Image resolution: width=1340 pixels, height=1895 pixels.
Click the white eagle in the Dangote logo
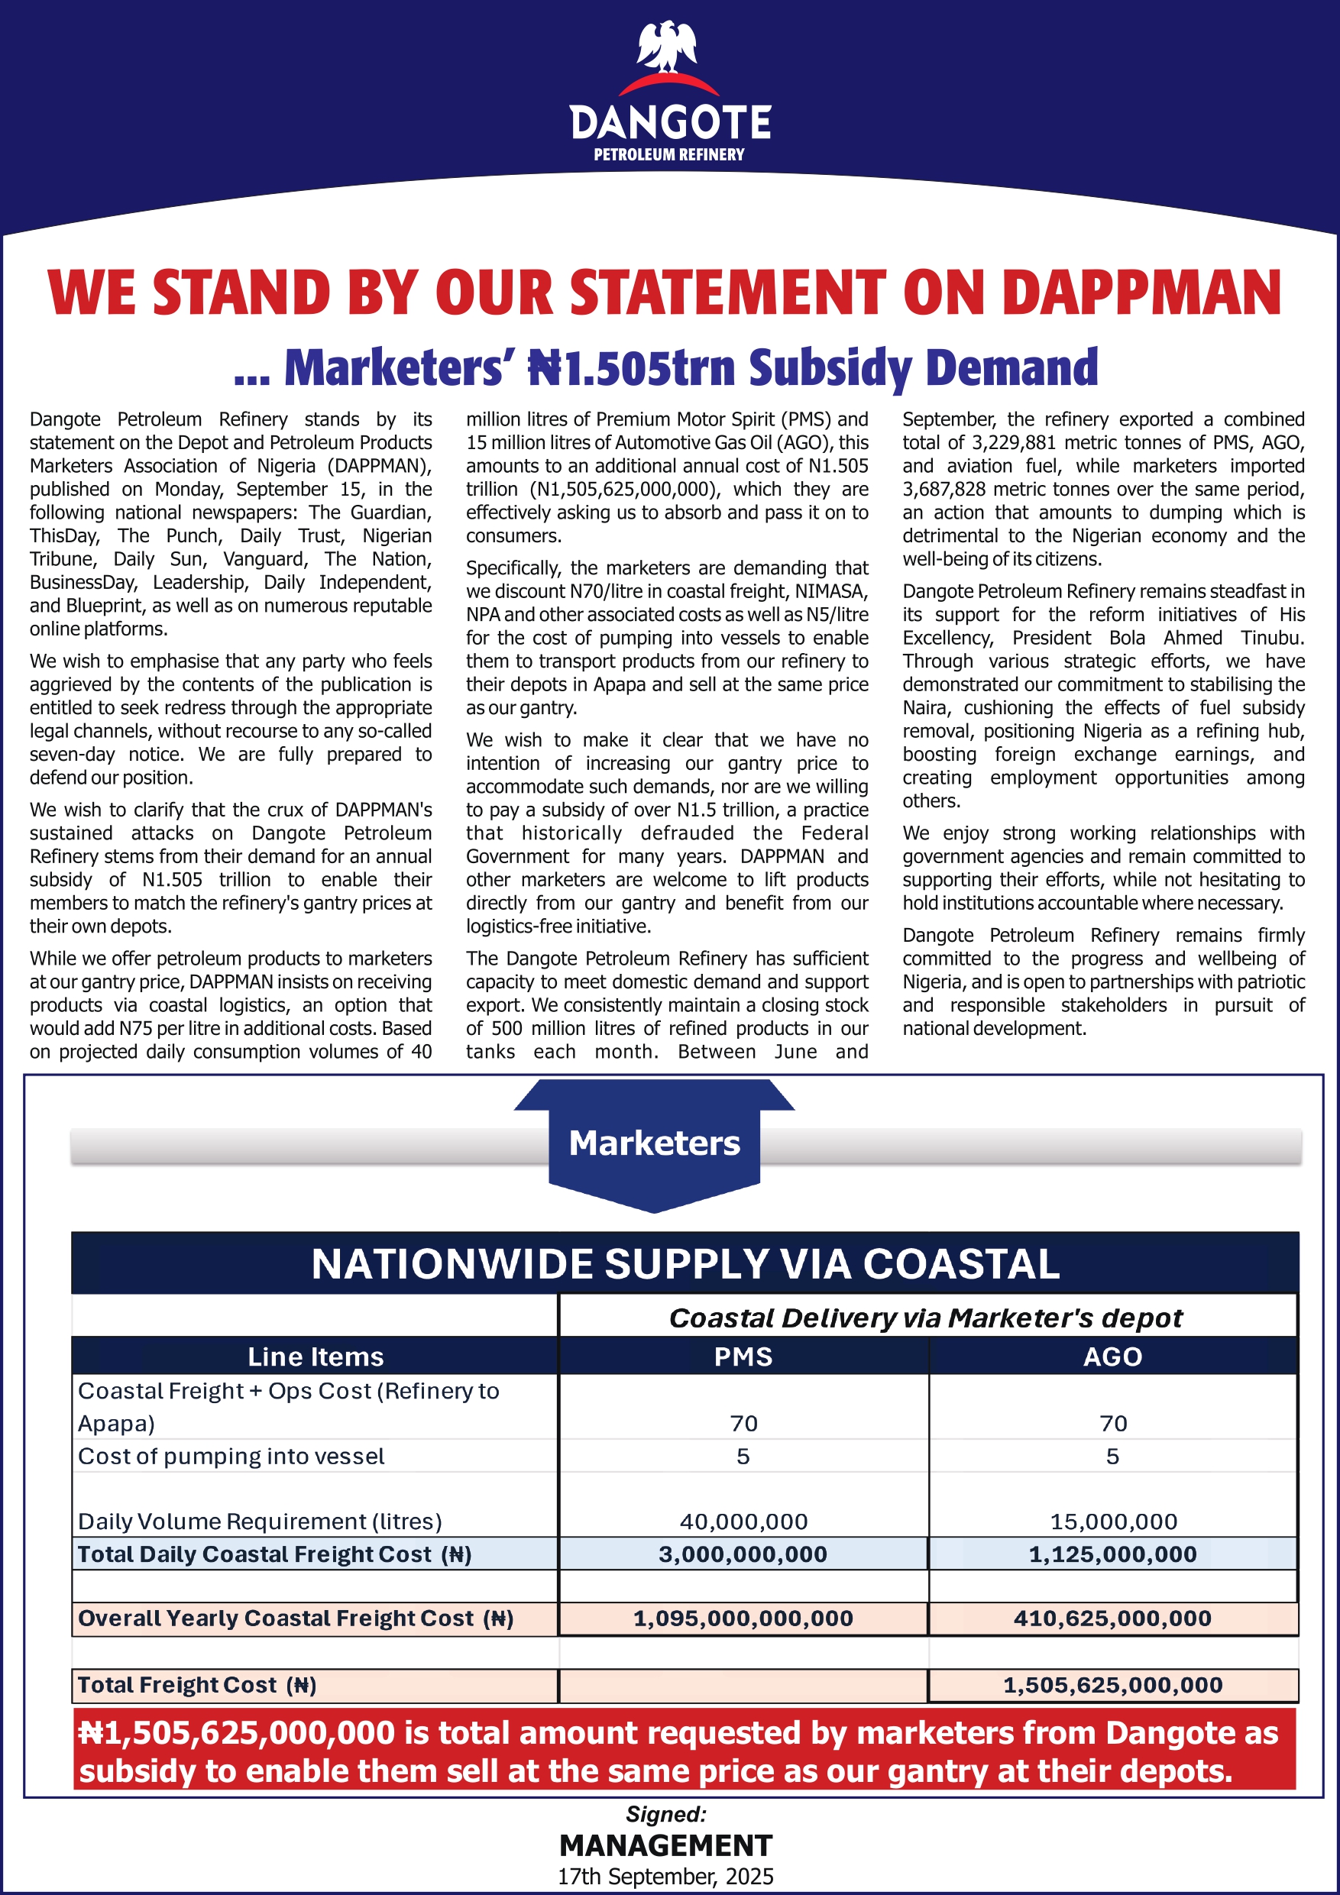[x=667, y=47]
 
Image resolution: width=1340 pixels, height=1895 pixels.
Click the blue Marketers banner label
[x=654, y=1144]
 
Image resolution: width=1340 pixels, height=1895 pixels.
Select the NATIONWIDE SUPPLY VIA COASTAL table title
[x=685, y=1264]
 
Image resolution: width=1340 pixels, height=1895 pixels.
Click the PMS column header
[x=743, y=1357]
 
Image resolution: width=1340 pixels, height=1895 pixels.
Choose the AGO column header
[x=1112, y=1357]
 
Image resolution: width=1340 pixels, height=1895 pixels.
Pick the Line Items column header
[x=316, y=1357]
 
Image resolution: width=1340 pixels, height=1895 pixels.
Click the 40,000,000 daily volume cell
[x=743, y=1521]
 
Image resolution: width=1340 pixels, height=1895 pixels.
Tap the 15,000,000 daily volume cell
[x=1113, y=1521]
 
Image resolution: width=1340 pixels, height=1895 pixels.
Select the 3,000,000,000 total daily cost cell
[x=743, y=1554]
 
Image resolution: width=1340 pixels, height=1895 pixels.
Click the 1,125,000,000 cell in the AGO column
[x=1112, y=1554]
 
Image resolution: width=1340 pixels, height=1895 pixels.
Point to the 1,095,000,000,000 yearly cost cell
[x=743, y=1619]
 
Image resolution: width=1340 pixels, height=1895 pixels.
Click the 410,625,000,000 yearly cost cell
[x=1112, y=1619]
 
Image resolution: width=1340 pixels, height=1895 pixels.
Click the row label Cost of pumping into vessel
[x=231, y=1457]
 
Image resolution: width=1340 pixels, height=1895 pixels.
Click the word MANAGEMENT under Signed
[x=665, y=1845]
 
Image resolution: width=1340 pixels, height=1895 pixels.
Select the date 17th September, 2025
[x=665, y=1877]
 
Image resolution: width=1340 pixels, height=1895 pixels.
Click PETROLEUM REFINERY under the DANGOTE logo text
[x=668, y=154]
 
